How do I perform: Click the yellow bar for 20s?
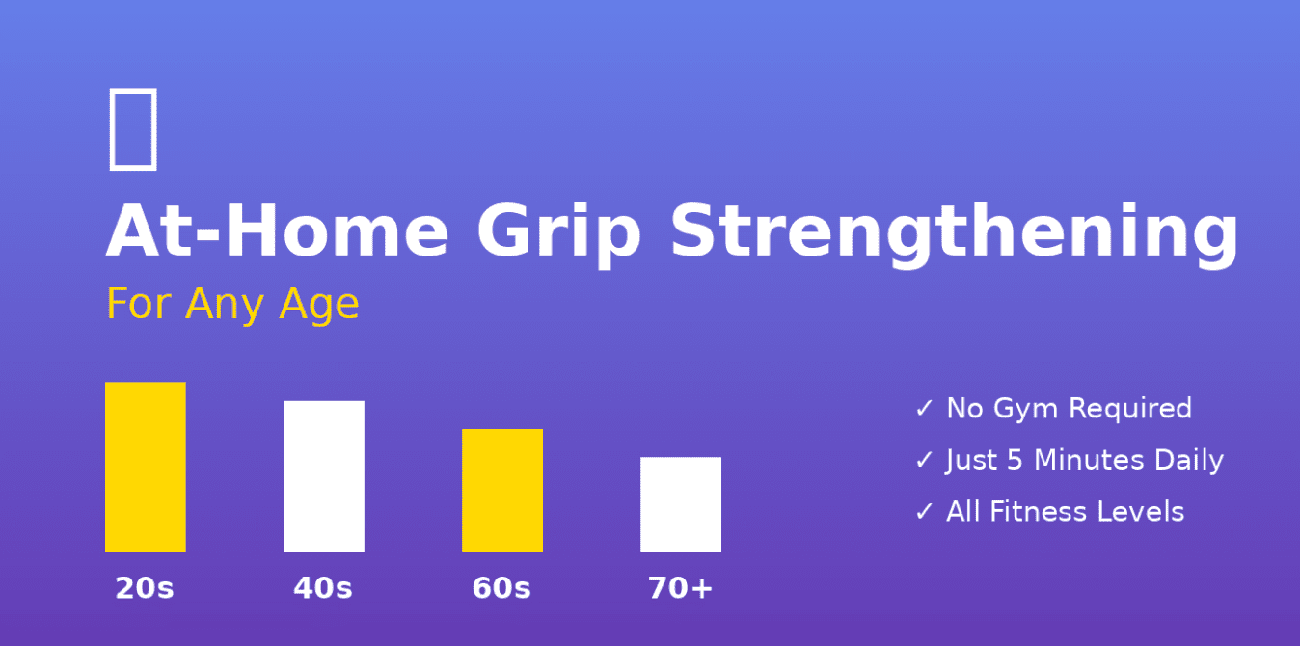click(x=145, y=467)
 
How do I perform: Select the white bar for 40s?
click(x=323, y=476)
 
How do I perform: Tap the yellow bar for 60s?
click(x=501, y=490)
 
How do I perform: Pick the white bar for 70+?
click(x=680, y=504)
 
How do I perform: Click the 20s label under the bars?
click(x=145, y=588)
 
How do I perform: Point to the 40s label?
click(x=323, y=588)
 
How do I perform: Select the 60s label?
click(x=501, y=588)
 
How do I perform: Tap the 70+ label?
click(x=680, y=588)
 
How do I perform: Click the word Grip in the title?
click(x=558, y=233)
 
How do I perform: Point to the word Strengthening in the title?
click(x=954, y=233)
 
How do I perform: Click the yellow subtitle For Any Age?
click(x=232, y=304)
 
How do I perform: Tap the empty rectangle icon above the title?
click(x=132, y=128)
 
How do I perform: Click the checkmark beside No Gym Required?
click(x=924, y=409)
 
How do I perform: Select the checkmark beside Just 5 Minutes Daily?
click(x=924, y=461)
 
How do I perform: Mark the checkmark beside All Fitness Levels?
click(x=924, y=512)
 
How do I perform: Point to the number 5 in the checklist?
click(x=1014, y=461)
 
